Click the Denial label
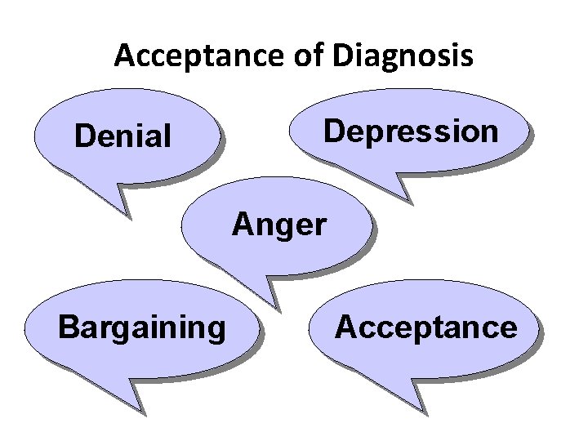[122, 136]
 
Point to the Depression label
[411, 131]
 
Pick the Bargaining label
[142, 327]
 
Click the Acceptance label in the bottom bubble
[426, 327]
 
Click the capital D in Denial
[83, 136]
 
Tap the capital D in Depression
[335, 131]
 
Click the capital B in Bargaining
[69, 327]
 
